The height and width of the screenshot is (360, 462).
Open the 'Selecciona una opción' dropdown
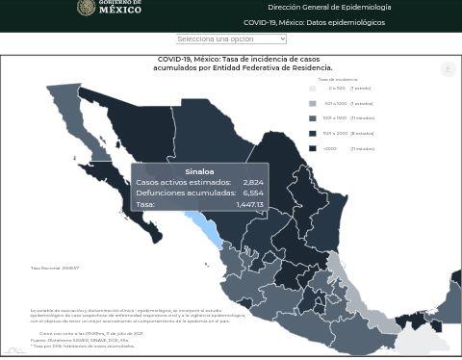click(x=231, y=39)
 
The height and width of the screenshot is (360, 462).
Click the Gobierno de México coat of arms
click(x=86, y=8)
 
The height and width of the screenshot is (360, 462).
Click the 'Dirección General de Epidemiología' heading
click(x=329, y=8)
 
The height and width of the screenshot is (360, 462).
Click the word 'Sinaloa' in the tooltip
click(x=199, y=171)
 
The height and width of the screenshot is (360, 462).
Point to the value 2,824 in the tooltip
click(x=253, y=182)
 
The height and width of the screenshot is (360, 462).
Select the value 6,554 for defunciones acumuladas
click(x=253, y=193)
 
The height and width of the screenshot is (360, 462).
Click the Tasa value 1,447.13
click(x=249, y=204)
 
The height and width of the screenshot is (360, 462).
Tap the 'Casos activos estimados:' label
click(x=183, y=182)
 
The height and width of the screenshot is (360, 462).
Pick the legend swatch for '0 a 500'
click(x=312, y=89)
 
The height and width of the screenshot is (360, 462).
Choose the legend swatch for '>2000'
click(x=312, y=148)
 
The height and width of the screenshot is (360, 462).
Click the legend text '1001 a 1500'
click(x=335, y=118)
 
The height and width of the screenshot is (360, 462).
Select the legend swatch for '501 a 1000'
click(x=312, y=103)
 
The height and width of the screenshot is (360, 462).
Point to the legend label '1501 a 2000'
click(x=335, y=133)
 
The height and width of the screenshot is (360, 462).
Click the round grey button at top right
click(x=448, y=69)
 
